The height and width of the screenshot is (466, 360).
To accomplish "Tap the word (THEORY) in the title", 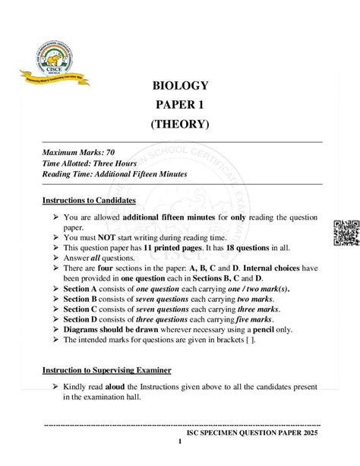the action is pyautogui.click(x=181, y=123).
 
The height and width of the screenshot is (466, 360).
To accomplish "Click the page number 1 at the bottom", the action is pyautogui.click(x=180, y=442).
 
